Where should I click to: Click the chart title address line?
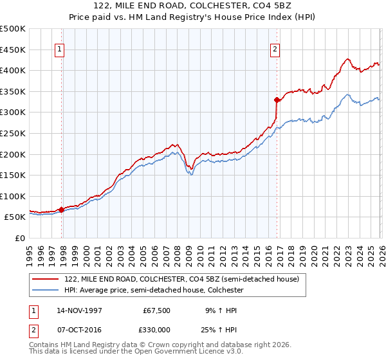(x=192, y=6)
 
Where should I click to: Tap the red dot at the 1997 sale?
(x=62, y=210)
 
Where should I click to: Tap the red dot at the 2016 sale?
(x=277, y=100)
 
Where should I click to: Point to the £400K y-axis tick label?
(x=13, y=70)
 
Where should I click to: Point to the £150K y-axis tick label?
(x=13, y=175)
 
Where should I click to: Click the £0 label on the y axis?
(x=19, y=238)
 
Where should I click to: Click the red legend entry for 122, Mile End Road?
(x=181, y=280)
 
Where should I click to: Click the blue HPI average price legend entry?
(x=153, y=290)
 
